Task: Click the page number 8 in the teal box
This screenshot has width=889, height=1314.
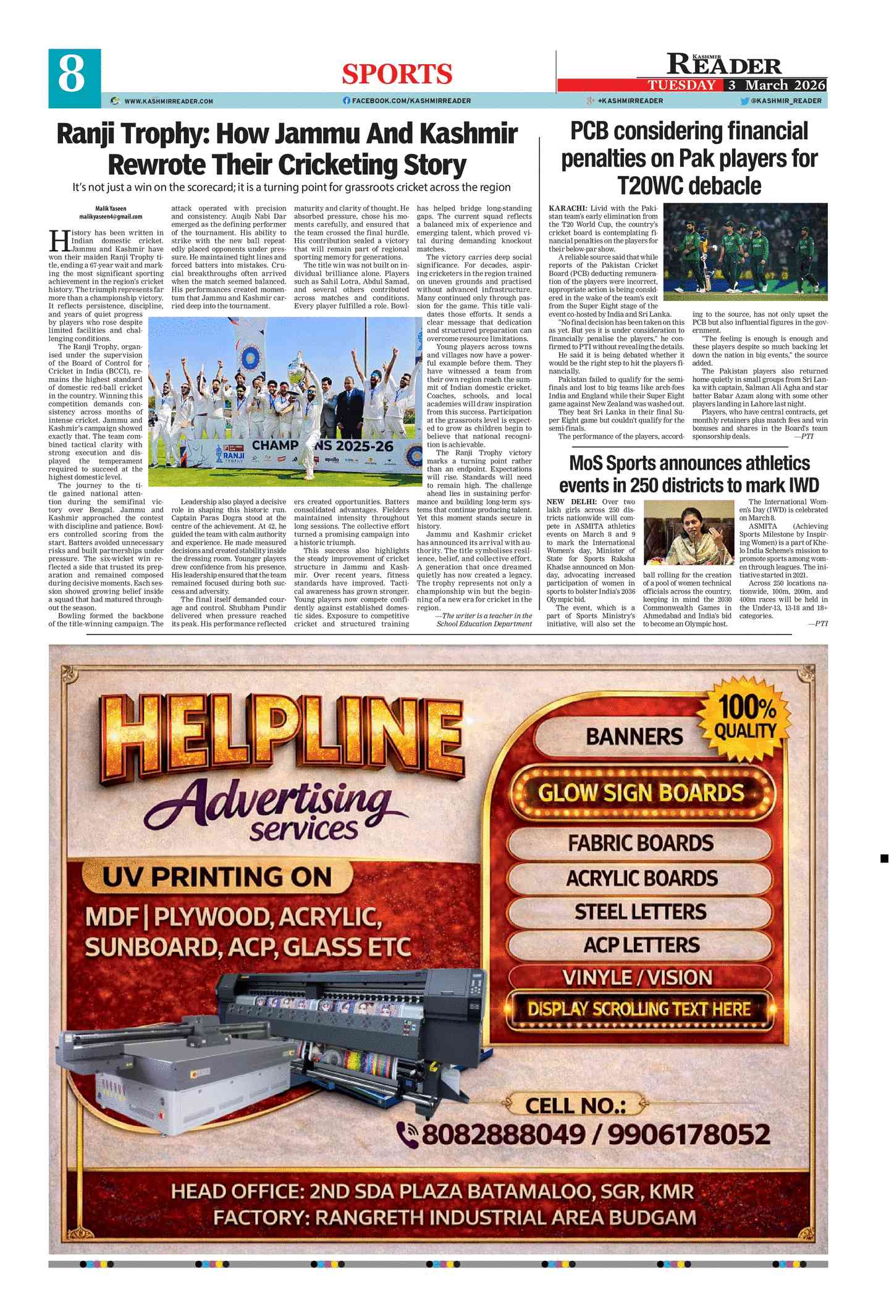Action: [x=73, y=75]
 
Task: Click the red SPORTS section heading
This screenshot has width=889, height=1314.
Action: [x=397, y=74]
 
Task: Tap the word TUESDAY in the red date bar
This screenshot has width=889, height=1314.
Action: [x=681, y=85]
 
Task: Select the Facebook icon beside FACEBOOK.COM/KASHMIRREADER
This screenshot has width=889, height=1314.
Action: [x=347, y=101]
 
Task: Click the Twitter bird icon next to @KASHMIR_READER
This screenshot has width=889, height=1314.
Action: [x=744, y=101]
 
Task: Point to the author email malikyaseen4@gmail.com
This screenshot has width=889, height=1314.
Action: [x=111, y=217]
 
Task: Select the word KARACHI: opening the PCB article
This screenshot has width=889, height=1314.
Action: [x=568, y=208]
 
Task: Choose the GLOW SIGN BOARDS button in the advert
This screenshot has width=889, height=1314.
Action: [x=641, y=793]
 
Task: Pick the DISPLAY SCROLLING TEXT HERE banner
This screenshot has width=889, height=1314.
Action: [x=639, y=1009]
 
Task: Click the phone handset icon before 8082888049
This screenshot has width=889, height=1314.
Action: [x=408, y=1134]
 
